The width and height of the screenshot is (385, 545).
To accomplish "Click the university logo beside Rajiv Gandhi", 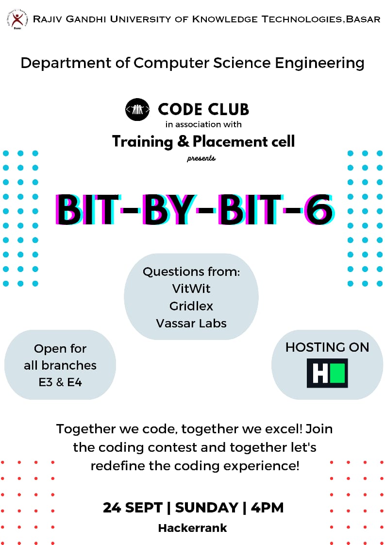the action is [17, 19].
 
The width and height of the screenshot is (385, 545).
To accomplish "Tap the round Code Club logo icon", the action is [137, 109].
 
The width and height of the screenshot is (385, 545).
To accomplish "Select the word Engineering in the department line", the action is [319, 63].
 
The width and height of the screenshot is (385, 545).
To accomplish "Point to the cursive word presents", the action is [201, 158].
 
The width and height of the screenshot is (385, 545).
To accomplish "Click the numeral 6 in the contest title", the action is [318, 209].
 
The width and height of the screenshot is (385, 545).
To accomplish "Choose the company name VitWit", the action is [191, 289].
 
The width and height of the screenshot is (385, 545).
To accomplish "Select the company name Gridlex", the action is [191, 306].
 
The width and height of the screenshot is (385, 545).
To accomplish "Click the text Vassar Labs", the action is [191, 323].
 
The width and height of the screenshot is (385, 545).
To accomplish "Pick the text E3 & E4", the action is [60, 382].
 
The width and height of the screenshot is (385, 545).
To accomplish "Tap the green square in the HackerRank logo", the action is [337, 374].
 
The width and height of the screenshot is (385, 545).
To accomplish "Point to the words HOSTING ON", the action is [327, 347].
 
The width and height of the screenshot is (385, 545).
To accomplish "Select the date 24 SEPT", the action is [133, 508].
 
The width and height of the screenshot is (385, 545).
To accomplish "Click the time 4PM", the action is [267, 508].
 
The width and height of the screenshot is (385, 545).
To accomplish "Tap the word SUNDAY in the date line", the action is [207, 508].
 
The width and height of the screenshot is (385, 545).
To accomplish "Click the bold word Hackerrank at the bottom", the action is [192, 528].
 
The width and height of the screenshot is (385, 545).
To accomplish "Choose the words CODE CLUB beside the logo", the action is [203, 109].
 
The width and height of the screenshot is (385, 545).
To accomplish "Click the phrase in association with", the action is [203, 124].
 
